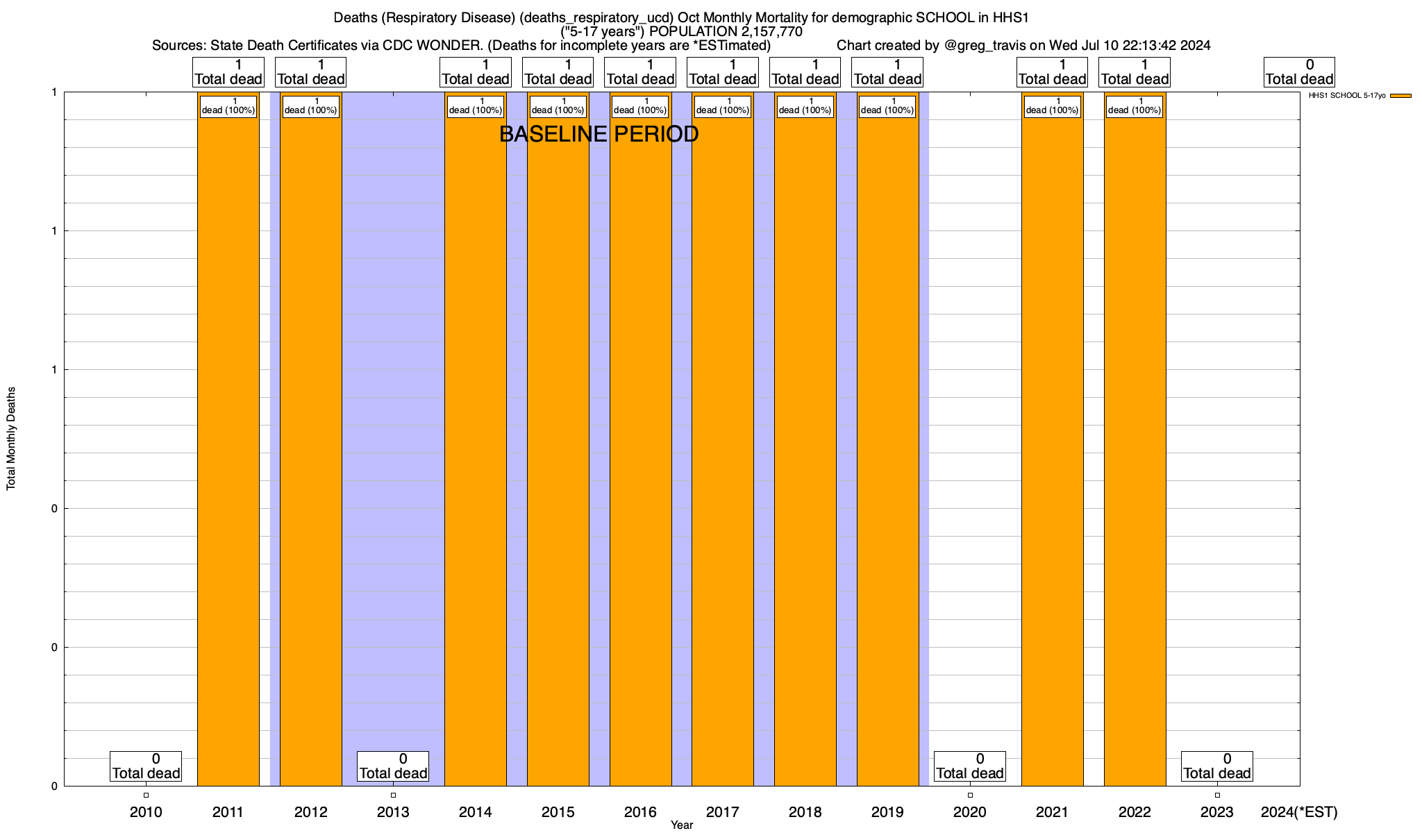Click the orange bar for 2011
click(x=228, y=444)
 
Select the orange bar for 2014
click(x=476, y=444)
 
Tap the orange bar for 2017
click(x=723, y=444)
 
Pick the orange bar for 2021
click(x=1052, y=444)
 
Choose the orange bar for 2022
click(x=1135, y=444)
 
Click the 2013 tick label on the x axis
click(x=393, y=811)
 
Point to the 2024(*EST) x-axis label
click(x=1298, y=811)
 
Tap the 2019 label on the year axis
click(x=887, y=811)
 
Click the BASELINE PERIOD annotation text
click(x=599, y=135)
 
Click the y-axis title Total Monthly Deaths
click(x=11, y=439)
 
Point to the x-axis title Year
click(x=682, y=825)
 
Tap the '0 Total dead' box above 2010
click(x=146, y=766)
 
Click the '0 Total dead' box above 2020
click(x=970, y=766)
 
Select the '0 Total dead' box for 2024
click(x=1299, y=72)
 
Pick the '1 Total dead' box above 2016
click(x=640, y=72)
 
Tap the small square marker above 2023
click(x=1217, y=796)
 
